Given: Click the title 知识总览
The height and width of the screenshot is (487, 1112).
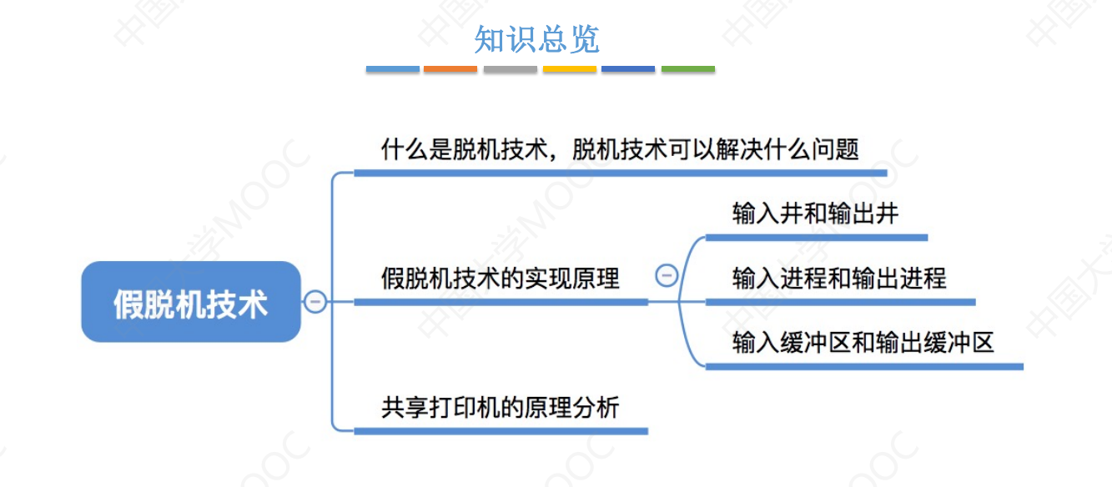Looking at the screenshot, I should pos(537,39).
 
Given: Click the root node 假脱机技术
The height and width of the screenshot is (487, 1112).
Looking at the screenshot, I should pos(191,302).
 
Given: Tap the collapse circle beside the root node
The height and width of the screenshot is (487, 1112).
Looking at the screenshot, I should pos(315,301).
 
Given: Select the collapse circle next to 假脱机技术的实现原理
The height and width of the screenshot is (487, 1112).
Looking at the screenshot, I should pos(667,275).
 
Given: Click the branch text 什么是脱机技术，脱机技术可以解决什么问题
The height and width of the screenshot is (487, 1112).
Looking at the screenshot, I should pos(620,150).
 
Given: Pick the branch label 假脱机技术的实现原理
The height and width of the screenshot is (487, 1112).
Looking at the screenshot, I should pos(501,278).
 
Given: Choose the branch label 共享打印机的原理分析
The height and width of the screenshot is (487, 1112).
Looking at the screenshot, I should pos(501,408).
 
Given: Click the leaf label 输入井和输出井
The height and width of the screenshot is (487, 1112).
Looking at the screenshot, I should pos(815,214).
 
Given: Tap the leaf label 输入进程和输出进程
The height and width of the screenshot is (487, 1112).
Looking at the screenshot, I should pos(839,278).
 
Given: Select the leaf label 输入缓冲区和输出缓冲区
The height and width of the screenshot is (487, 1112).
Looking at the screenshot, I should pos(863,342).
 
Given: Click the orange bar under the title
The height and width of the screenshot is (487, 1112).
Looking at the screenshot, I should pos(450,69).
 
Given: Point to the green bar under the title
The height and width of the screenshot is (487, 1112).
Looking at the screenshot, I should pos(688,69).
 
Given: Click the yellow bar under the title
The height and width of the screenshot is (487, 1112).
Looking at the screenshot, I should pos(570,69).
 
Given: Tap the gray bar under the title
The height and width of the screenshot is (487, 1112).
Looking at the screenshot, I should pos(511,69).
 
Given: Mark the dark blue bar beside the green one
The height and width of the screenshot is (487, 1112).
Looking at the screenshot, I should pos(628,69).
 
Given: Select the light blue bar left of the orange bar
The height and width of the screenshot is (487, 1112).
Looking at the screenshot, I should pos(392,69).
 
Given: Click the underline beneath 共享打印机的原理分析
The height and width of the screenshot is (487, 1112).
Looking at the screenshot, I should pos(501,431).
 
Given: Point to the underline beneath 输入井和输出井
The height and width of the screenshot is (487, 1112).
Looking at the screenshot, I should pos(817,238).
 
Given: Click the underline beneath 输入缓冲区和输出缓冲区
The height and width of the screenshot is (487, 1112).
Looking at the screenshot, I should pos(864,366).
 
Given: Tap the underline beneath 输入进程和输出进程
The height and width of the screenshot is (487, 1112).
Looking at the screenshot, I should pos(840,302).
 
